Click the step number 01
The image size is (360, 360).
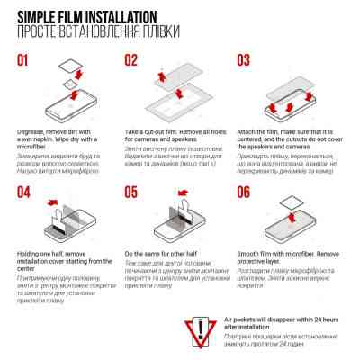click(x=27, y=62)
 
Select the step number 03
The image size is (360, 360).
click(x=244, y=61)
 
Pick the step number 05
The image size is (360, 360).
click(x=131, y=192)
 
